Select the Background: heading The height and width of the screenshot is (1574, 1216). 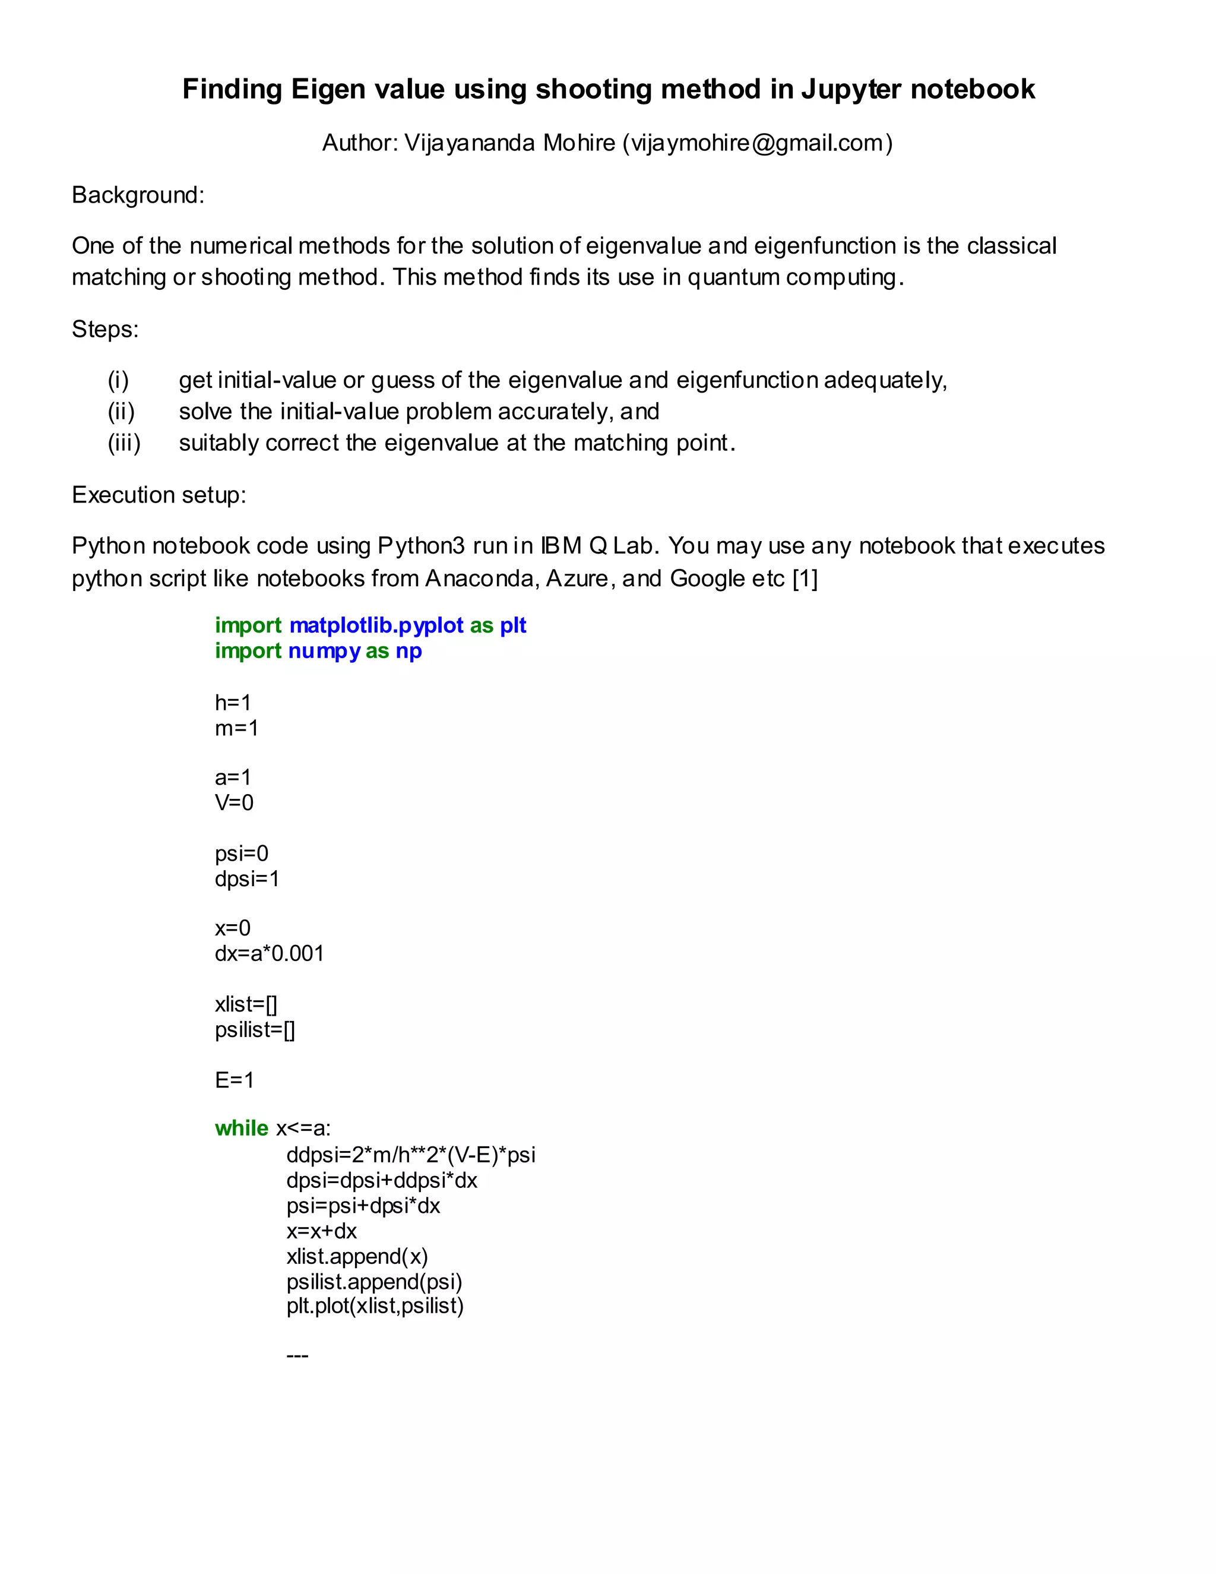tap(138, 195)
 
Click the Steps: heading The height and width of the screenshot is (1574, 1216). tap(105, 330)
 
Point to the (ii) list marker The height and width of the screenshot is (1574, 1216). tap(121, 412)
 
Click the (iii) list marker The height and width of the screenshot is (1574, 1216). tap(124, 443)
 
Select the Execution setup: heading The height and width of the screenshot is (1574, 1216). tap(159, 495)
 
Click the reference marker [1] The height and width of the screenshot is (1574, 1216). tap(805, 579)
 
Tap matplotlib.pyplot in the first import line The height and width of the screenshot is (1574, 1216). tap(376, 625)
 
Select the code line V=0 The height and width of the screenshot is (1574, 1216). tap(234, 803)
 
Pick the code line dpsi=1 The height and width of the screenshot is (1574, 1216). tap(246, 879)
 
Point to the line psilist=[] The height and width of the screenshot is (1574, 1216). tap(255, 1030)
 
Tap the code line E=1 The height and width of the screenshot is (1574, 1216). tap(234, 1080)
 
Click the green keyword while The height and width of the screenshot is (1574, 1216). tap(241, 1129)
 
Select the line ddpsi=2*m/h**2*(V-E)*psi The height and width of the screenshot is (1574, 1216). tap(411, 1155)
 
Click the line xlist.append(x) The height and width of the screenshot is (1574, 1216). tap(357, 1257)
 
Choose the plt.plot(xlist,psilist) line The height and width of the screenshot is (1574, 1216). tap(375, 1306)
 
